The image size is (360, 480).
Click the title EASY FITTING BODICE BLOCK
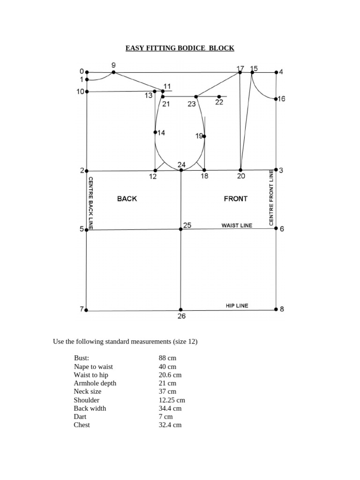(180, 48)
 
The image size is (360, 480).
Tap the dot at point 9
(113, 72)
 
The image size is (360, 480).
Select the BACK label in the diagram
(127, 199)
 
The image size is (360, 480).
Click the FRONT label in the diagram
(236, 199)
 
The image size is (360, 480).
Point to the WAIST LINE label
(237, 225)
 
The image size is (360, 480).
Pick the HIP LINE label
(237, 306)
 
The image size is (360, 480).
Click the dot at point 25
(181, 229)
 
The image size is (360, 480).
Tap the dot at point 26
(181, 310)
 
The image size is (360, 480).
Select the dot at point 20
(240, 170)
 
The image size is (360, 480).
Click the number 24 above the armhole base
(182, 164)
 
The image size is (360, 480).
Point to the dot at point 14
(155, 132)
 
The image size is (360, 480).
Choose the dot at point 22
(219, 97)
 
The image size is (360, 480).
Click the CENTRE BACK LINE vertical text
(91, 203)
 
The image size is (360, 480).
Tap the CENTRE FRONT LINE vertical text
(271, 198)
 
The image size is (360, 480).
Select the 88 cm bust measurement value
(167, 358)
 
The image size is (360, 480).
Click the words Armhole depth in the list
(95, 383)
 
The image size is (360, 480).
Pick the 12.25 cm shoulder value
(172, 400)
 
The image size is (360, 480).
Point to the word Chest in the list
(82, 425)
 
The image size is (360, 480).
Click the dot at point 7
(87, 310)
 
